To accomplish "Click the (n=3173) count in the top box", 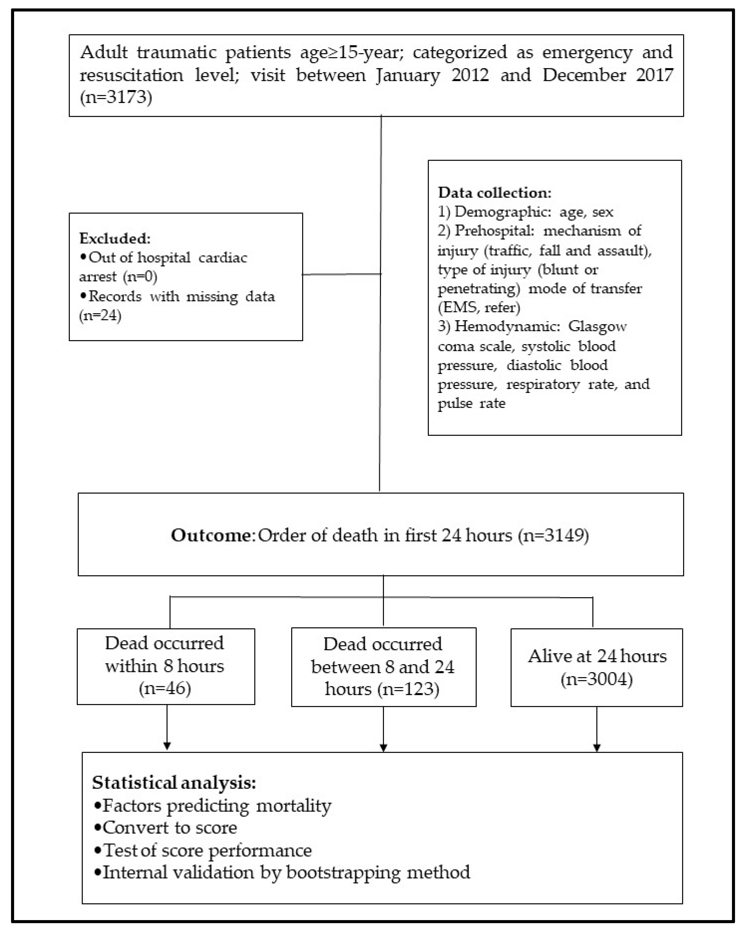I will (x=116, y=97).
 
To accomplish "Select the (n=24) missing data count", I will (x=100, y=316).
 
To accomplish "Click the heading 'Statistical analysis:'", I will (x=174, y=782).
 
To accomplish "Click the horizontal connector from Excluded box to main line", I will (x=341, y=274).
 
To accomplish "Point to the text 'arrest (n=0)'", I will (x=118, y=277).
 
